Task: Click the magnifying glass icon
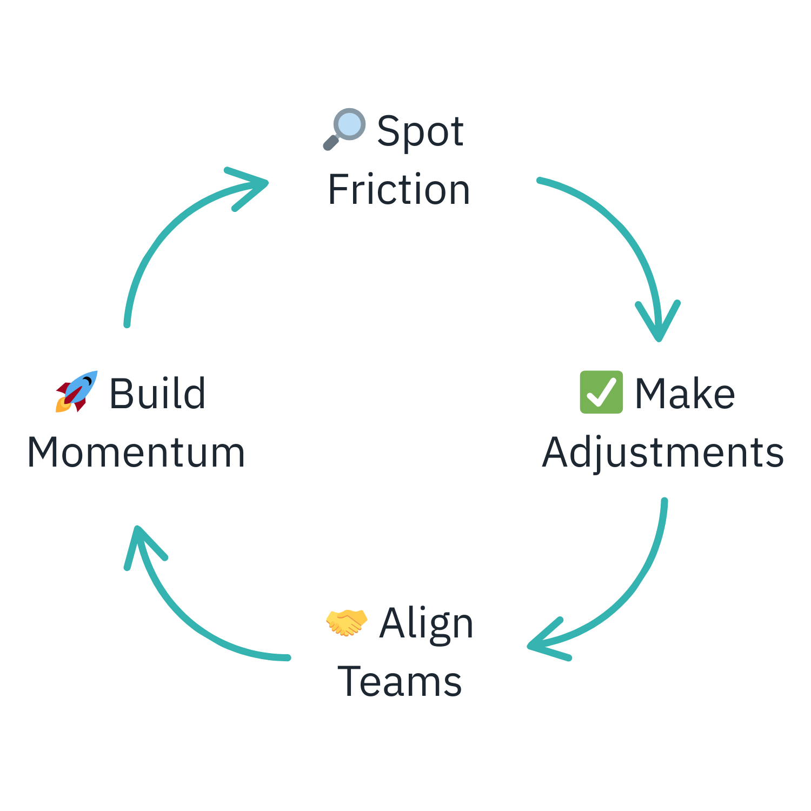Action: pos(344,129)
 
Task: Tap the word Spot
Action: pos(420,131)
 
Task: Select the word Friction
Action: pos(399,190)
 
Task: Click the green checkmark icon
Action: pos(601,392)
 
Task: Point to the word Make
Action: pos(684,394)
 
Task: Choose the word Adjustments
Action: pos(663,453)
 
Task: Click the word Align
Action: pos(426,623)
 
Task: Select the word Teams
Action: pos(400,682)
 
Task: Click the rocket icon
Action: pos(77,391)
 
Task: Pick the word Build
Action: pos(157,394)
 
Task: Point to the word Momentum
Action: pos(136,453)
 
